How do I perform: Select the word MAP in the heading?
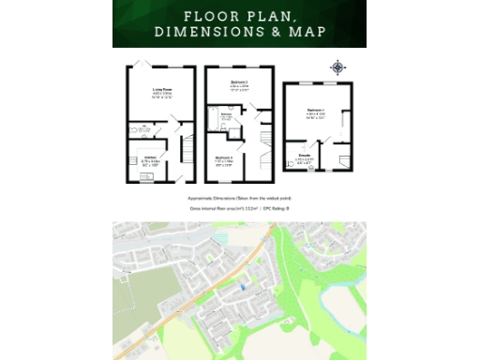[x=306, y=33]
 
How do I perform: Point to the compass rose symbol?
[x=337, y=67]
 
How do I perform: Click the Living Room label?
[x=164, y=90]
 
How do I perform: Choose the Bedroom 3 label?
[x=223, y=156]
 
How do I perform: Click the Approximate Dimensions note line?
[x=239, y=200]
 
